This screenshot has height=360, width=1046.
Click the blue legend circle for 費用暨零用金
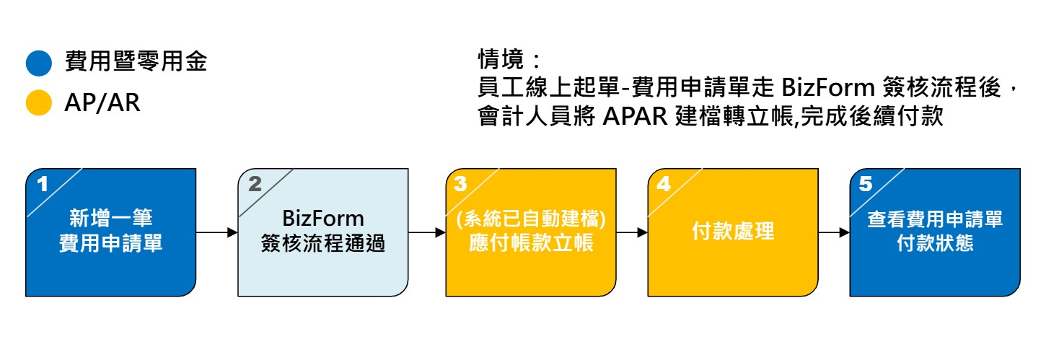39,63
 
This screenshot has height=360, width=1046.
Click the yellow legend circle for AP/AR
39,102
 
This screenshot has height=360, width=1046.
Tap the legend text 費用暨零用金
136,63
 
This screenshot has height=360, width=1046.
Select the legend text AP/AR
102,103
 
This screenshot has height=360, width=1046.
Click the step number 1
43,184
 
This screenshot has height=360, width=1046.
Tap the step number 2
255,184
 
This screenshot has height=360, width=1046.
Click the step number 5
866,184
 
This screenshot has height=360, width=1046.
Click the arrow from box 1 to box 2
216,232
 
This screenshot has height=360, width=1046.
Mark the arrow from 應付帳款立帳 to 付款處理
632,232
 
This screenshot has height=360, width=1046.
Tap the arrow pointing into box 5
834,232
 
